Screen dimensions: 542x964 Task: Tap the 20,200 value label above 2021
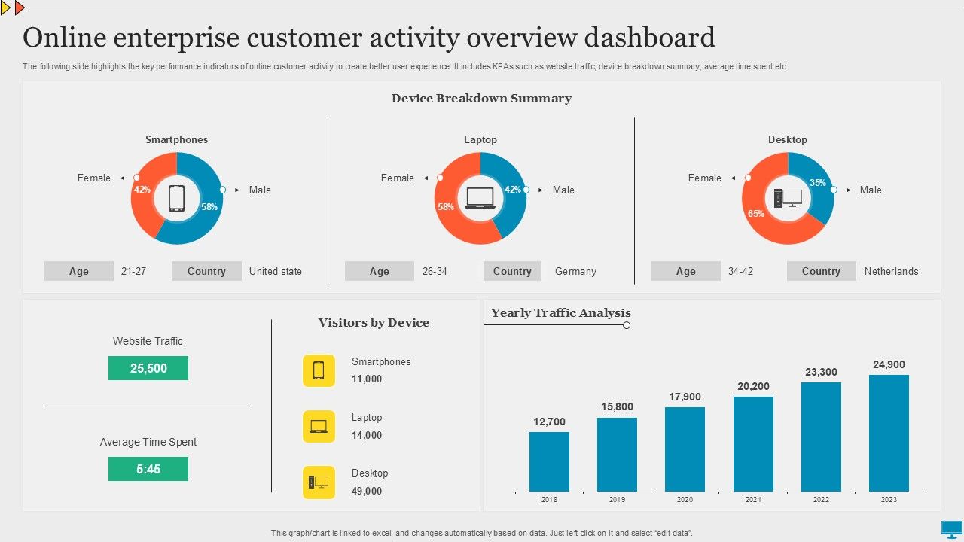[x=753, y=386]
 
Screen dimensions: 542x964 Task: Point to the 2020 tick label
[x=685, y=500]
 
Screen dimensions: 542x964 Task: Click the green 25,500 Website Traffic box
[x=148, y=368]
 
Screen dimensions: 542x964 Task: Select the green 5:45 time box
[x=148, y=469]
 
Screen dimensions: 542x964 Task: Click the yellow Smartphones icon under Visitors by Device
[x=319, y=370]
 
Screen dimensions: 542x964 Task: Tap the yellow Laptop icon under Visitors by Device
[x=319, y=426]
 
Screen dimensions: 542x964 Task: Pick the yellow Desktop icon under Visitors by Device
[x=319, y=483]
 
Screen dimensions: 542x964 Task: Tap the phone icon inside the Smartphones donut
[x=176, y=198]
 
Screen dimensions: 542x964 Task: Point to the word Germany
[x=575, y=271]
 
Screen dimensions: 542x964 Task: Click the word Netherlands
[x=891, y=271]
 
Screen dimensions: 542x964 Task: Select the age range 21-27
[x=133, y=271]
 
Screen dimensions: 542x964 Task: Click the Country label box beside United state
[x=206, y=271]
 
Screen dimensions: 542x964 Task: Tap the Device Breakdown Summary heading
[x=481, y=98]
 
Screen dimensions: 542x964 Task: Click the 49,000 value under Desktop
[x=367, y=491]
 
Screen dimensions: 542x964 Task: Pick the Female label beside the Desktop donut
[x=704, y=178]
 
